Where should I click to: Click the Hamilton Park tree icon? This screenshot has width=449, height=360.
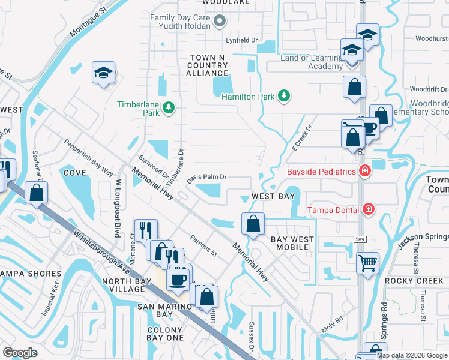click(x=284, y=96)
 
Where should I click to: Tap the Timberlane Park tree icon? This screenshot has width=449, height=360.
click(x=169, y=107)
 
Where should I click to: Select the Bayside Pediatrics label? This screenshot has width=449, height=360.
click(x=321, y=172)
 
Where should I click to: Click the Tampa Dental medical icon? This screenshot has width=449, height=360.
click(x=367, y=209)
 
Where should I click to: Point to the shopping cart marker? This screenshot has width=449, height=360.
click(x=367, y=262)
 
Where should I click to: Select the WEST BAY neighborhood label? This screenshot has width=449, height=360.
click(x=273, y=196)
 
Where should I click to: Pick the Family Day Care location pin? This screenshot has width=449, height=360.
click(x=219, y=22)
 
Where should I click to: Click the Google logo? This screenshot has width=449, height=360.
click(x=20, y=353)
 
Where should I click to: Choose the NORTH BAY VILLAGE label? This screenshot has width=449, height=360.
click(x=123, y=285)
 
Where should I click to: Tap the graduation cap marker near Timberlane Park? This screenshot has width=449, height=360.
click(x=103, y=73)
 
